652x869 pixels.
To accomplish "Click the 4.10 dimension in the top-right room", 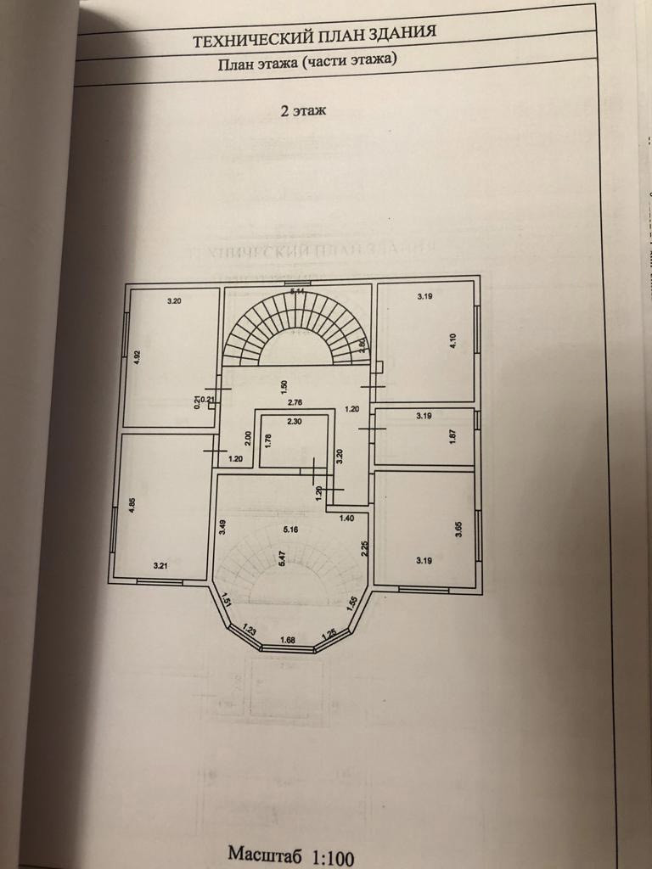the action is click(454, 340).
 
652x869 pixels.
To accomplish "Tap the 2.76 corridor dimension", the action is click(295, 401).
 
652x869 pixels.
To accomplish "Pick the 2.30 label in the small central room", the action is click(294, 422).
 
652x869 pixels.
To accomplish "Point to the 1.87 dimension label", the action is click(453, 438).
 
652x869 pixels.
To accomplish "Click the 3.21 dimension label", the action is click(160, 563).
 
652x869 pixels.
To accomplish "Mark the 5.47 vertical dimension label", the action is click(281, 560).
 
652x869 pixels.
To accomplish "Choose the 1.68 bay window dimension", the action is click(287, 639).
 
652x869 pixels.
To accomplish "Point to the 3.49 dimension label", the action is click(222, 524).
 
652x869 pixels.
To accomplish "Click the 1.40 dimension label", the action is click(346, 517).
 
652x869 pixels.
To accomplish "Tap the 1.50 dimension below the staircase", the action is click(284, 384).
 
